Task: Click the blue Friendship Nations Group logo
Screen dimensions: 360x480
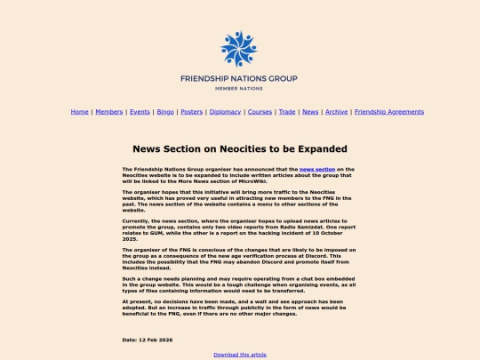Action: coord(239,49)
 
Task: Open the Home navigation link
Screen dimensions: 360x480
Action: coord(80,112)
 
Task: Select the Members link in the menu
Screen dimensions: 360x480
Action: coord(109,112)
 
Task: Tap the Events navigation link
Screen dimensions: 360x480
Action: coord(140,112)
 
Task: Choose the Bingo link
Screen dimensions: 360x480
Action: coord(166,112)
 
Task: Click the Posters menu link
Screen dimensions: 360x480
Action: coord(191,112)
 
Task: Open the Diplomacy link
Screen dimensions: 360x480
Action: coord(225,112)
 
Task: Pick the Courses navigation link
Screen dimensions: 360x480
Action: coord(260,112)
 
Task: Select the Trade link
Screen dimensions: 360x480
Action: coord(287,112)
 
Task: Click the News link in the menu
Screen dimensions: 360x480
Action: coord(310,112)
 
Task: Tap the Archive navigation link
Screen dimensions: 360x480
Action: coord(336,112)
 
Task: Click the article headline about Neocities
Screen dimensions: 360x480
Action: coord(239,149)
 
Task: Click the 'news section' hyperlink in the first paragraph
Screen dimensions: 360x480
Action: coord(317,169)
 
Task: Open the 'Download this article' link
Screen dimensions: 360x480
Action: coord(239,354)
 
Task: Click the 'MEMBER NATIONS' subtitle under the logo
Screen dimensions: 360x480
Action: coord(239,89)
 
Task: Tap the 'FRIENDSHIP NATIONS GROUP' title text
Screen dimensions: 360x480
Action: coord(239,78)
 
